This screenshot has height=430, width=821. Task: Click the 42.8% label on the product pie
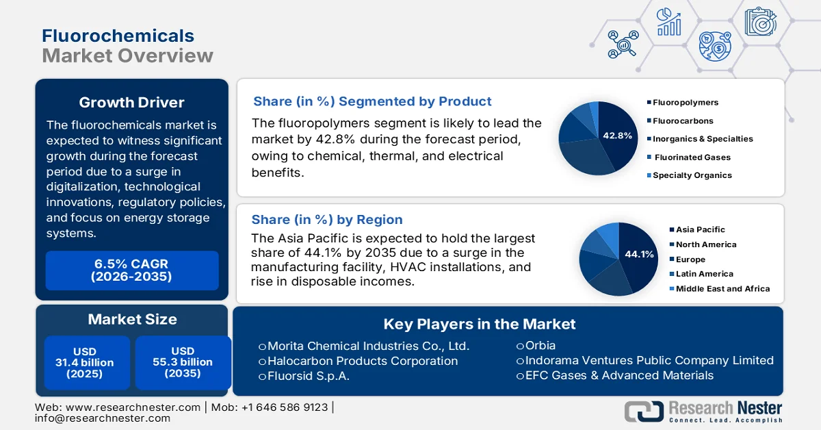point(617,136)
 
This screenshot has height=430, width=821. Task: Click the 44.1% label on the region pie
point(639,254)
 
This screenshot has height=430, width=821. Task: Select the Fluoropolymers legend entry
point(686,103)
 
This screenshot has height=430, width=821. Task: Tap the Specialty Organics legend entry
point(692,175)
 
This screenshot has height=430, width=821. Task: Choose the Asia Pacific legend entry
point(700,229)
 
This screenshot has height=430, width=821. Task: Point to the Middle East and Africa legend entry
point(722,289)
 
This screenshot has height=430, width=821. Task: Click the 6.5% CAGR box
point(131,270)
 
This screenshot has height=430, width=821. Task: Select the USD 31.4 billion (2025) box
point(85,362)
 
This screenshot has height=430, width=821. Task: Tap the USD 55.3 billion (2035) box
point(183,362)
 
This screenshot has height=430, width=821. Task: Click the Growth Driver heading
point(131,103)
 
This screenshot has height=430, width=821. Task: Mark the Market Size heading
point(132,319)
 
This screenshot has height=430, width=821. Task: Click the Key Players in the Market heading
point(479,324)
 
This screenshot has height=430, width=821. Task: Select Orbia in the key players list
point(540,345)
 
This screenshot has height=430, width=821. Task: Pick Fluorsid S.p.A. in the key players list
point(308,376)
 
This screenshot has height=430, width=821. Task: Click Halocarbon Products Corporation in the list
point(362,361)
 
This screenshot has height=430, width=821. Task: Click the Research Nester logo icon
point(643,411)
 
